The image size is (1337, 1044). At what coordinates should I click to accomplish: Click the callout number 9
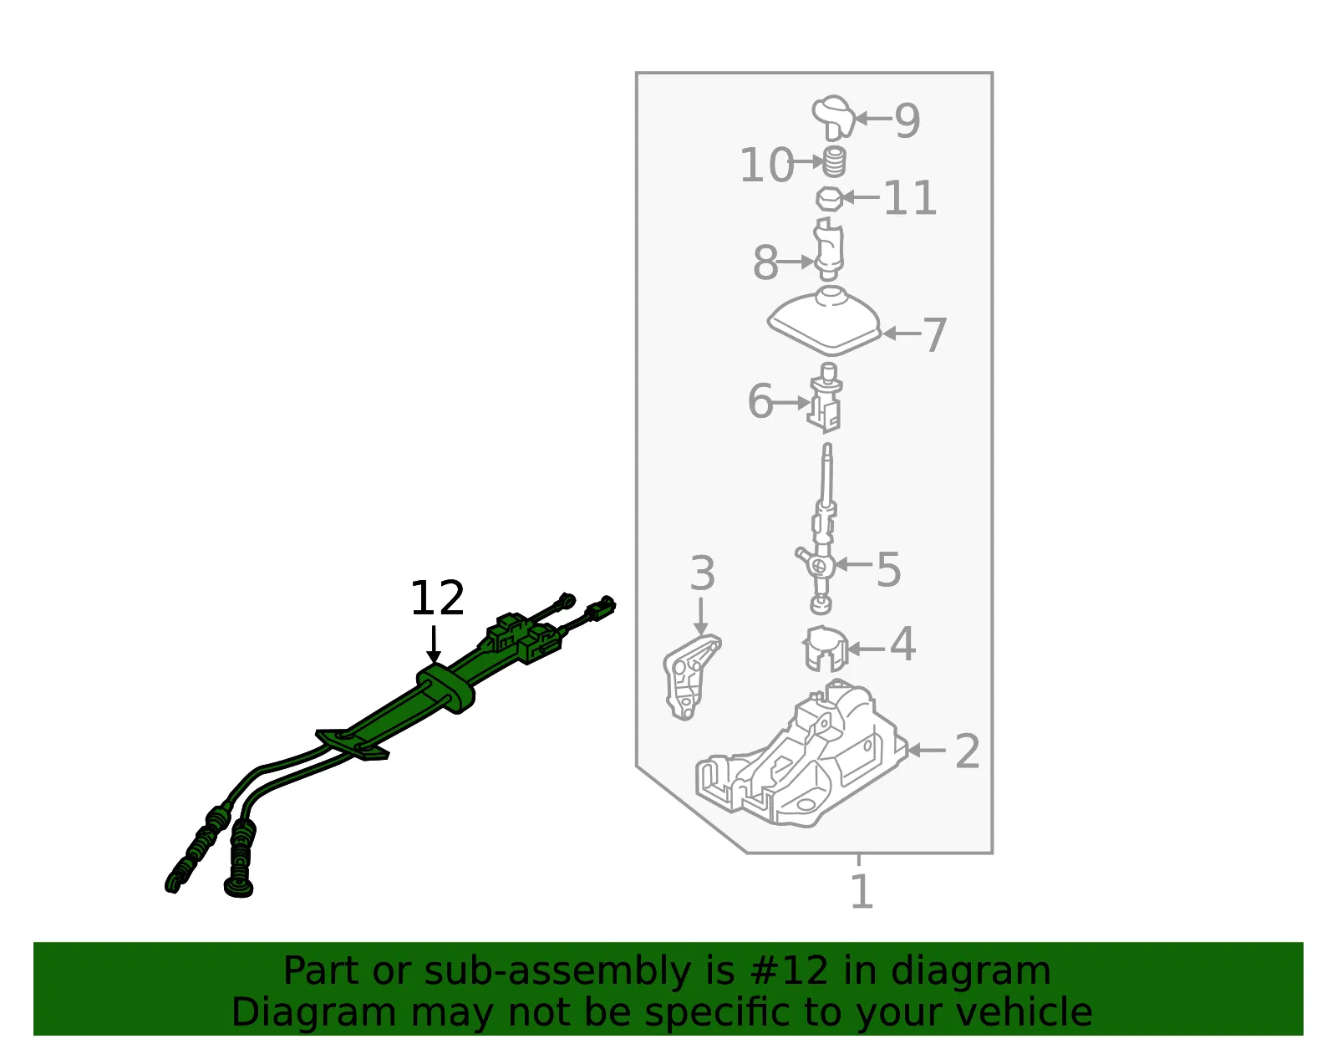pos(907,120)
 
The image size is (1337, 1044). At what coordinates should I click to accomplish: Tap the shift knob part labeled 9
pos(832,117)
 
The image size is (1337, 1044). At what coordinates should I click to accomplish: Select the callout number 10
pos(766,165)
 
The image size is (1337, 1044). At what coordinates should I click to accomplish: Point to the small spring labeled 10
pos(834,162)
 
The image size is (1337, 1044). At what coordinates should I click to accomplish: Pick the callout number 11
pos(910,197)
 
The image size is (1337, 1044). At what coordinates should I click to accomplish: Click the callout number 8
pos(765,262)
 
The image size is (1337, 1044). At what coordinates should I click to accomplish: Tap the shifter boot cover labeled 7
pos(825,321)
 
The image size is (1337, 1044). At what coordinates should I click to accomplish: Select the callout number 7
pos(934,335)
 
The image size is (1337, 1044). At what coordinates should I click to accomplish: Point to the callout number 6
pos(760,400)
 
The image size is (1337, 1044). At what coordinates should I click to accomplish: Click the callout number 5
pos(888,569)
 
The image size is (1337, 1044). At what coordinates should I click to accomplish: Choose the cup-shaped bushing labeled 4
pos(825,649)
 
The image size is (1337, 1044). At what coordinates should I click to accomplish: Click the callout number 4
pos(902,644)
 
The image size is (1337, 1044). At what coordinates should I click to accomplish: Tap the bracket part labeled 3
pos(691,677)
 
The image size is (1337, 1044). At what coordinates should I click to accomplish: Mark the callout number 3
pos(702,573)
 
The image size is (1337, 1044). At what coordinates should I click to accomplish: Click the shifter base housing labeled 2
pos(801,754)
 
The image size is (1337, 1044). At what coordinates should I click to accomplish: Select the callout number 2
pos(967,751)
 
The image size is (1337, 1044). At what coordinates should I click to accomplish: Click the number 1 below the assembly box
pos(862,891)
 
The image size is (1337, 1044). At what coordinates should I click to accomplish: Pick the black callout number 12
pos(438,598)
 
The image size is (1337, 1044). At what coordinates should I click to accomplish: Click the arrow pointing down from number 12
pos(434,644)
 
